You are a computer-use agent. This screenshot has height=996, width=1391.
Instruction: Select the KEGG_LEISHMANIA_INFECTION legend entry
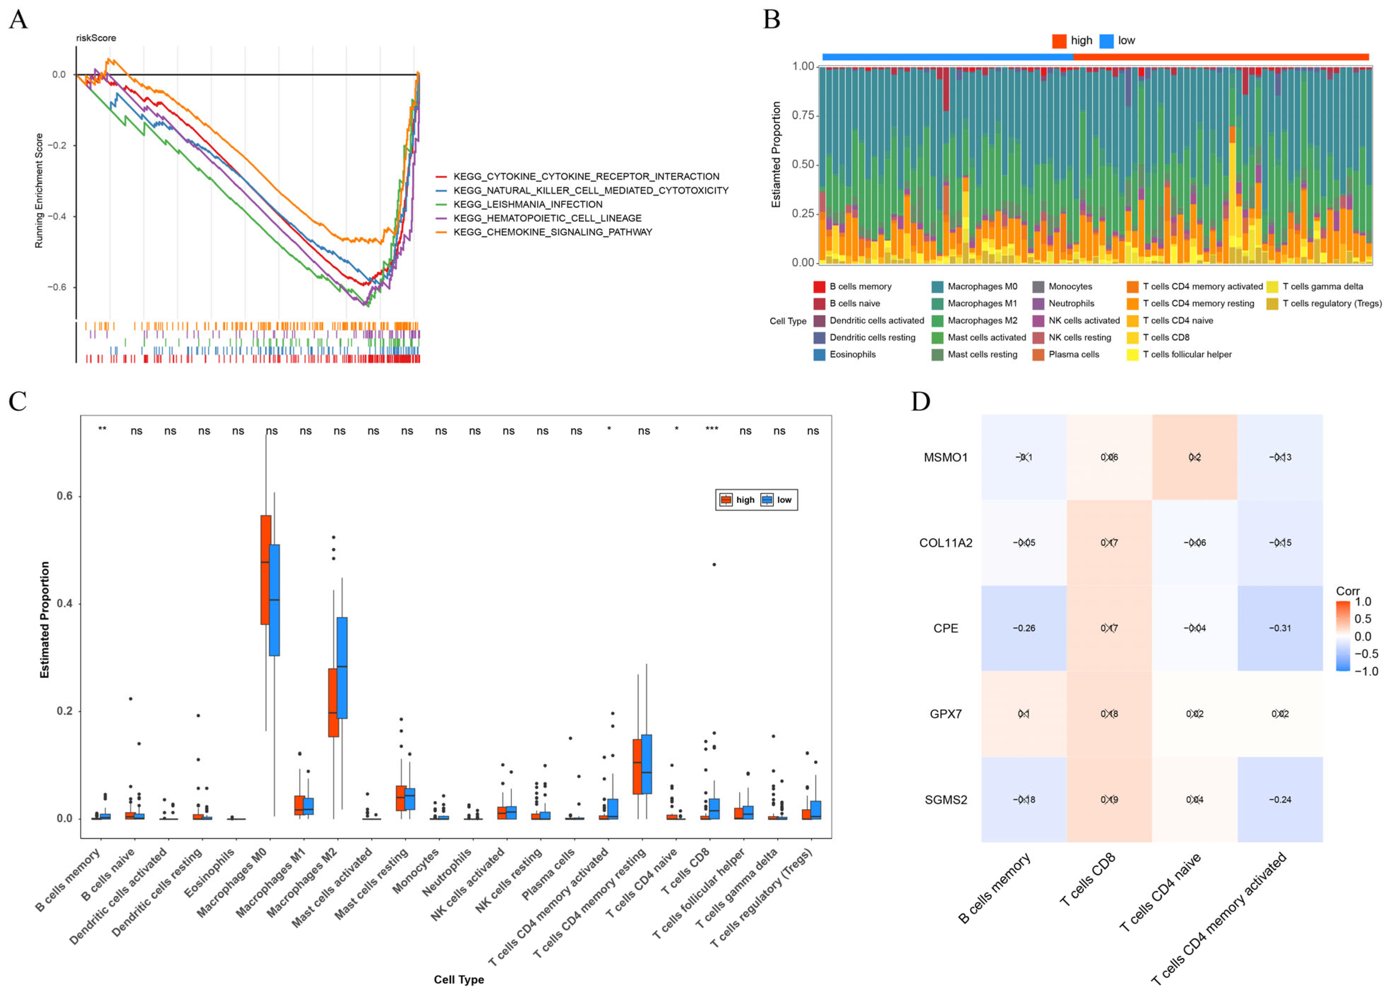click(x=527, y=204)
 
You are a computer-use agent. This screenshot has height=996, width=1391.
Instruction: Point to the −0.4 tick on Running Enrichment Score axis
click(x=58, y=217)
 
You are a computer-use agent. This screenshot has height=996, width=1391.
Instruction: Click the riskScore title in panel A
click(x=96, y=38)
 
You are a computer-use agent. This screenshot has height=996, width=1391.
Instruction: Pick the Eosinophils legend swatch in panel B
click(x=819, y=354)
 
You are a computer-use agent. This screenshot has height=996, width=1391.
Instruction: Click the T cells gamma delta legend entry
click(x=1322, y=287)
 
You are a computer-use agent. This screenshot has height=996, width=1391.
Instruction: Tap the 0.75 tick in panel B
click(x=802, y=115)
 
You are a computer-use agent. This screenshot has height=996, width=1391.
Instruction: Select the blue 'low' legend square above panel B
click(x=1106, y=41)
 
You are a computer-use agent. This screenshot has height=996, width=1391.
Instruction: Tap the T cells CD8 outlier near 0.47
click(x=714, y=564)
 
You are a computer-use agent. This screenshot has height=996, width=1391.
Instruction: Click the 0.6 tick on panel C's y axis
click(x=64, y=496)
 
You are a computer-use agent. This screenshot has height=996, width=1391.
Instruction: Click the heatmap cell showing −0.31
click(x=1280, y=628)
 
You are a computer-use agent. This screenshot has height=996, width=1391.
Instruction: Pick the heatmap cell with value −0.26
click(x=1024, y=628)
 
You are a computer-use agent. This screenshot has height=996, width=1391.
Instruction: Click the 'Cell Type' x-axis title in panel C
click(x=459, y=979)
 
